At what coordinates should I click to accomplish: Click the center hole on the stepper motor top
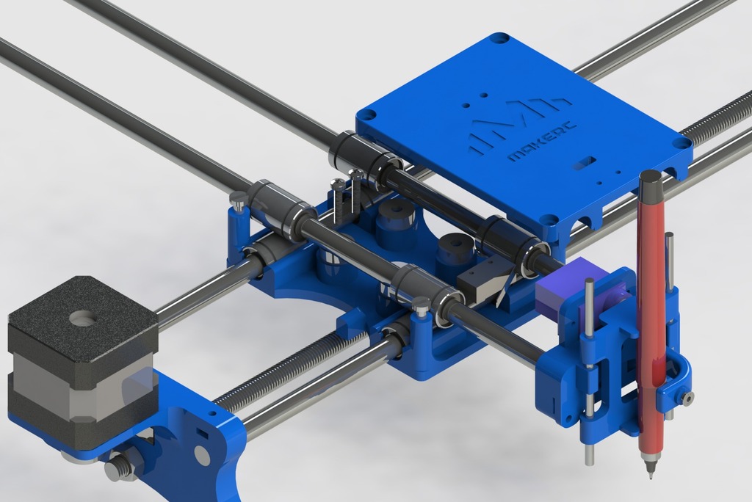pos(83,319)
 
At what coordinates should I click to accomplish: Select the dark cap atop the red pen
pos(651,184)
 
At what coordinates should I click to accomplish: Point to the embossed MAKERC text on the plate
pos(542,142)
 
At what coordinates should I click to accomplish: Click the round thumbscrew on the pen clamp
pos(687,398)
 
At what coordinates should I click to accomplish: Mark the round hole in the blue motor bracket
pos(202,457)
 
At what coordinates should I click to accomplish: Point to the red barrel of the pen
pos(650,323)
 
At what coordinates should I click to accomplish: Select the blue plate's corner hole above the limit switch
pos(549,219)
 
